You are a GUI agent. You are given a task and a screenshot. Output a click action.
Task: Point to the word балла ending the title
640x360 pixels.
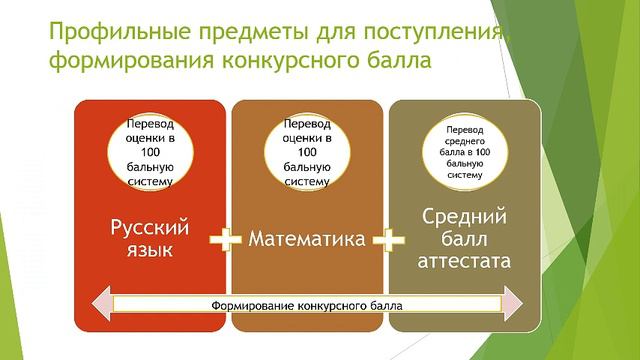pyautogui.click(x=400, y=63)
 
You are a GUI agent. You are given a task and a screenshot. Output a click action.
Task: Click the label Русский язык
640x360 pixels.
pyautogui.click(x=149, y=236)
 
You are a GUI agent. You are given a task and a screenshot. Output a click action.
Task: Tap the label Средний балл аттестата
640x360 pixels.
pyautogui.click(x=466, y=239)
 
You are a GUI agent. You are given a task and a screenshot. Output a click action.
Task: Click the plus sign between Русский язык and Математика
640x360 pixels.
pyautogui.click(x=228, y=240)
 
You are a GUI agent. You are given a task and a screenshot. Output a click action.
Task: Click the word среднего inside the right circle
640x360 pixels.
pyautogui.click(x=465, y=141)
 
